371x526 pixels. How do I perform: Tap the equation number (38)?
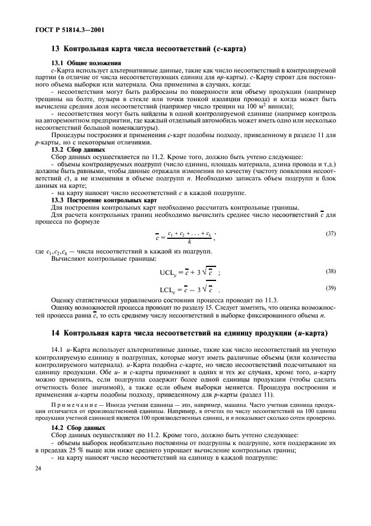click(x=331, y=271)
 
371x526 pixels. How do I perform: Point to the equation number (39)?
click(x=331, y=288)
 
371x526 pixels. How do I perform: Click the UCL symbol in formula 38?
click(x=169, y=273)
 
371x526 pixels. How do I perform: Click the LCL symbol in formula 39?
click(x=168, y=291)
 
